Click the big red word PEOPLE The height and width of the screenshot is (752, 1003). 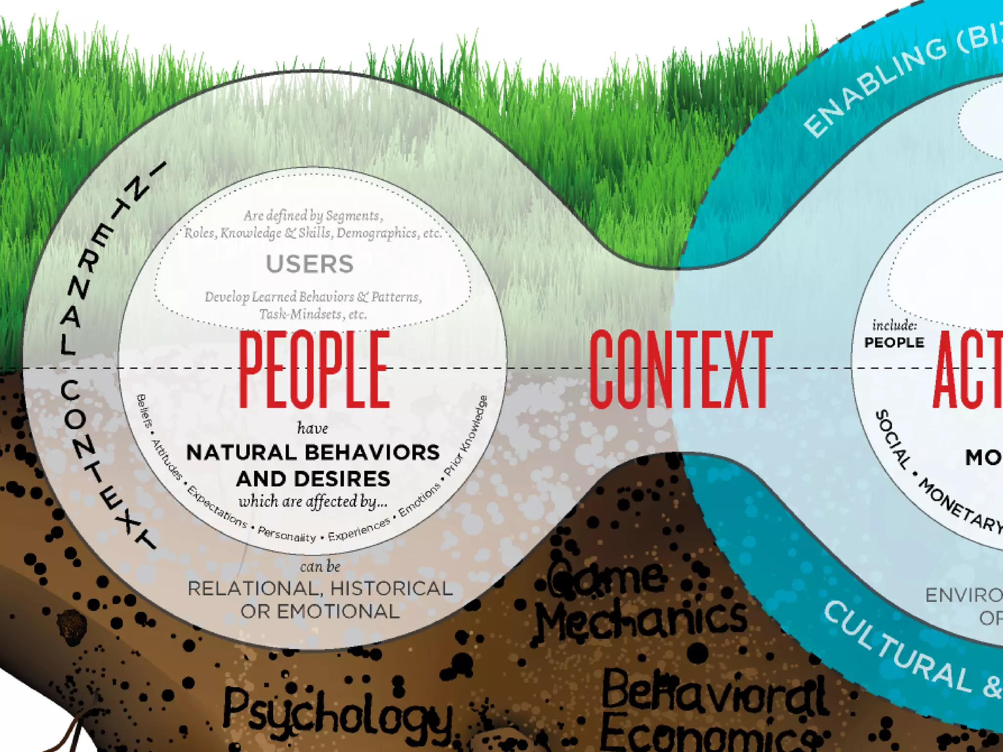(314, 370)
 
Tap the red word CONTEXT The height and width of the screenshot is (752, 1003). (680, 370)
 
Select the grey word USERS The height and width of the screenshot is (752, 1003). (310, 264)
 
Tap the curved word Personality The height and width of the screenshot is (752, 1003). (287, 534)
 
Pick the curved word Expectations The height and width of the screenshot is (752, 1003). (217, 507)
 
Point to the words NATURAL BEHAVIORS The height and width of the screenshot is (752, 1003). (313, 452)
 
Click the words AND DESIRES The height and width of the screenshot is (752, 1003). (313, 479)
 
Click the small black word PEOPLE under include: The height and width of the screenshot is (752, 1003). (894, 343)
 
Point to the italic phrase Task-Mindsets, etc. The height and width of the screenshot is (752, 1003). (313, 314)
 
